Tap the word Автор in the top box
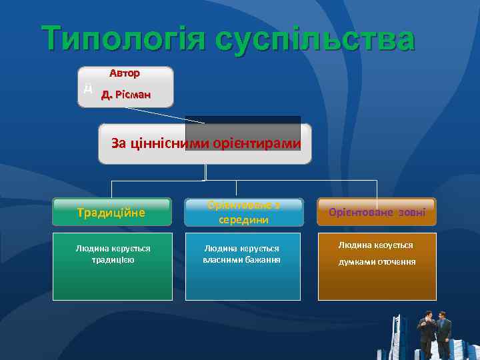point(125,72)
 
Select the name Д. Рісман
point(125,95)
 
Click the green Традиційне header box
point(112,212)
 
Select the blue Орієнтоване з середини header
point(244,211)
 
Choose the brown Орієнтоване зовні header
point(377,212)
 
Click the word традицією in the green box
point(112,259)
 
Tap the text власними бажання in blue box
point(241,259)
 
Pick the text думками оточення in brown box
point(377,261)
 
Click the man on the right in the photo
point(443,333)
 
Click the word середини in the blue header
point(244,219)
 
